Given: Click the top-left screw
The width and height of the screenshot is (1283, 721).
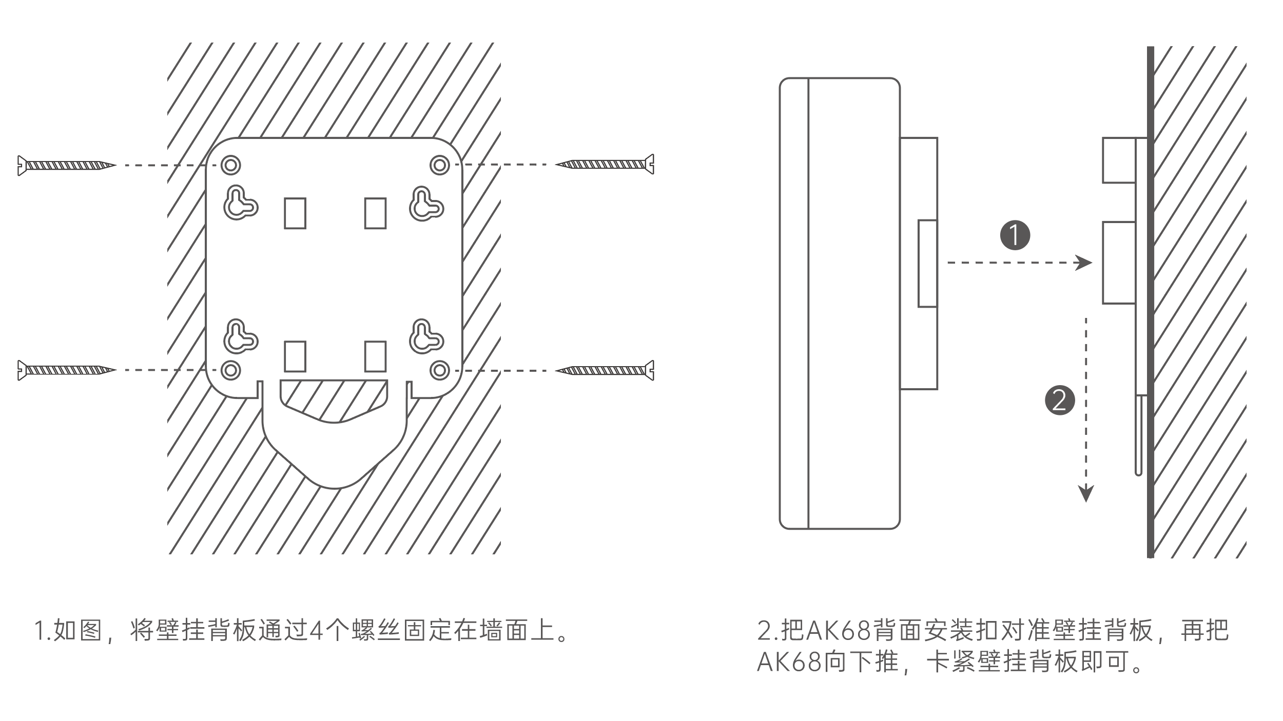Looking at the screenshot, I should [x=67, y=165].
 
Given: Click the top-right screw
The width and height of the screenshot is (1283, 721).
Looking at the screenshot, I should [x=606, y=165].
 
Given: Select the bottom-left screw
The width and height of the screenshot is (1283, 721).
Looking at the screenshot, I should [x=67, y=370].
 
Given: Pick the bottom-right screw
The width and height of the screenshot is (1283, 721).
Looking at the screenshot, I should [x=606, y=370].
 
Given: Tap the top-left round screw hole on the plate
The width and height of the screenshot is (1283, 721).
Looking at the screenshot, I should [x=231, y=165].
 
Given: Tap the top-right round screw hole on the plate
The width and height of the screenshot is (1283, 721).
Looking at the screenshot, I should [x=440, y=165].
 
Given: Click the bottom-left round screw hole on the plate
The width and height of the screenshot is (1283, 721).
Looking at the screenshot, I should [x=231, y=370].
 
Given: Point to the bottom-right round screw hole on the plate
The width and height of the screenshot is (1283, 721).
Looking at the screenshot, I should [x=440, y=370].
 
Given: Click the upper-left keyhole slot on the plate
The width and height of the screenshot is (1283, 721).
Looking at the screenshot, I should [x=239, y=203].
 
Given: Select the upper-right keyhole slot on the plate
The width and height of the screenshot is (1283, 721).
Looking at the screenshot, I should [x=425, y=204].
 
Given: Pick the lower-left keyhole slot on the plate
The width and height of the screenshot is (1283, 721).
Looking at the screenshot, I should [x=239, y=337].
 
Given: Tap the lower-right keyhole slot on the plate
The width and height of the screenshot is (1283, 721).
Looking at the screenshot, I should [x=425, y=337].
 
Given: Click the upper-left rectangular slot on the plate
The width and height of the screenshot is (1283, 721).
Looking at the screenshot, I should [x=295, y=213].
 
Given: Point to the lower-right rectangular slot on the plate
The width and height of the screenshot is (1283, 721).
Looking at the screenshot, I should [x=375, y=356].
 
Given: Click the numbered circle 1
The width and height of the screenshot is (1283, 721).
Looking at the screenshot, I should [x=1015, y=235].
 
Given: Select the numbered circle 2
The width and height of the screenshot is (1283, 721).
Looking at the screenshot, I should [x=1060, y=399].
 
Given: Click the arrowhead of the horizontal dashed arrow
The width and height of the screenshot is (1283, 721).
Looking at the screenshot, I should [x=1084, y=263].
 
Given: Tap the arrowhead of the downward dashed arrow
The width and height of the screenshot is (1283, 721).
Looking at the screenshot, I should [x=1086, y=493].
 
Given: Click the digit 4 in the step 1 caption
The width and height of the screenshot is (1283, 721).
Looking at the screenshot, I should [x=317, y=631].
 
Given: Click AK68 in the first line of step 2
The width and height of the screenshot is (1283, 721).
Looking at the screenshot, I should [x=839, y=631].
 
